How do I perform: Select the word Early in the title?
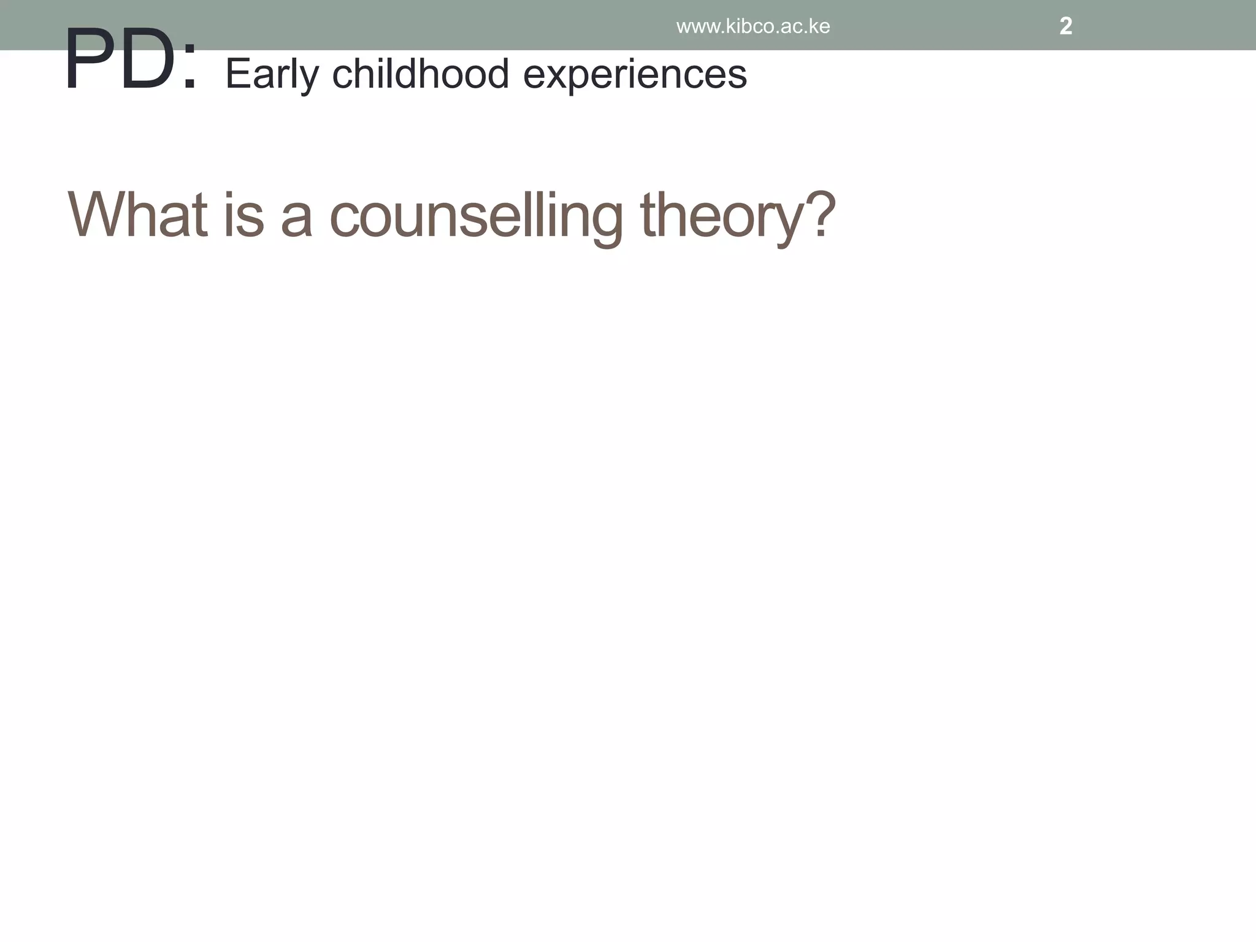272,75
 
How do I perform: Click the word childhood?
420,74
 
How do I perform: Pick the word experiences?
635,75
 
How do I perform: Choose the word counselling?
476,216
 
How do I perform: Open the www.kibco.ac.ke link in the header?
752,26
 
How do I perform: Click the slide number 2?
1065,26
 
